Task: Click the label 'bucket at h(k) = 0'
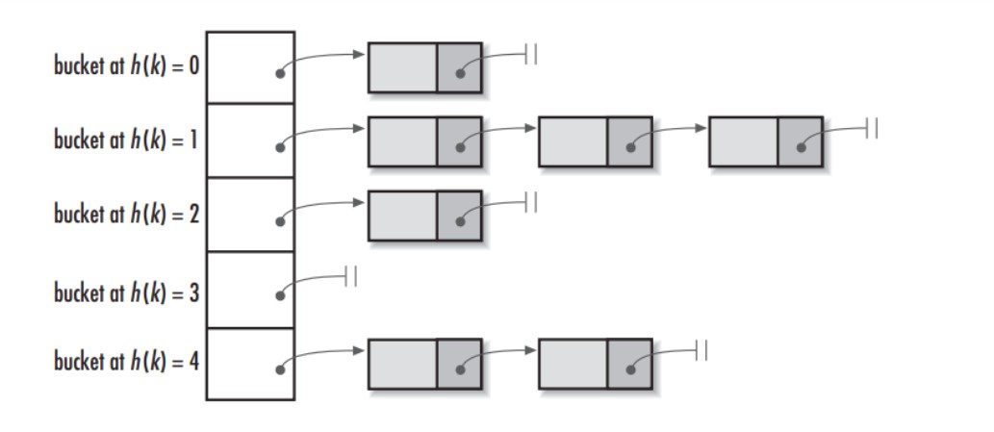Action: point(126,65)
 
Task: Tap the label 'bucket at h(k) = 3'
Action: point(126,292)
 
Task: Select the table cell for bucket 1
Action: point(250,140)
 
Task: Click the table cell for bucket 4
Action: point(250,364)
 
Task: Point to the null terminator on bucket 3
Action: point(350,276)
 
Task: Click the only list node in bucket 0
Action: point(424,67)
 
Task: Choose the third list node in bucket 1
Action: point(766,141)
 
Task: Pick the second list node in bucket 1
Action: point(596,141)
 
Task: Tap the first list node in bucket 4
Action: point(424,365)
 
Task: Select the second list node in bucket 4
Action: point(596,365)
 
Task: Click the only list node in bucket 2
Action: point(424,216)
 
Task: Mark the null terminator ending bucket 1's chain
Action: point(872,128)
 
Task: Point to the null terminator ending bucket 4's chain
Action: point(701,350)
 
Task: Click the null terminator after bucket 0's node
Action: point(531,54)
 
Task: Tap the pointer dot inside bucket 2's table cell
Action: point(280,221)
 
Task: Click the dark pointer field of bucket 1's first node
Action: point(460,141)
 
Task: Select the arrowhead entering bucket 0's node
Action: point(360,55)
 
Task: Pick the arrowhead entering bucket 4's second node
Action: point(530,350)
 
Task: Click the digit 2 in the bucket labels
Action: point(194,215)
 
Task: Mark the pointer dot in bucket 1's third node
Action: point(802,147)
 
